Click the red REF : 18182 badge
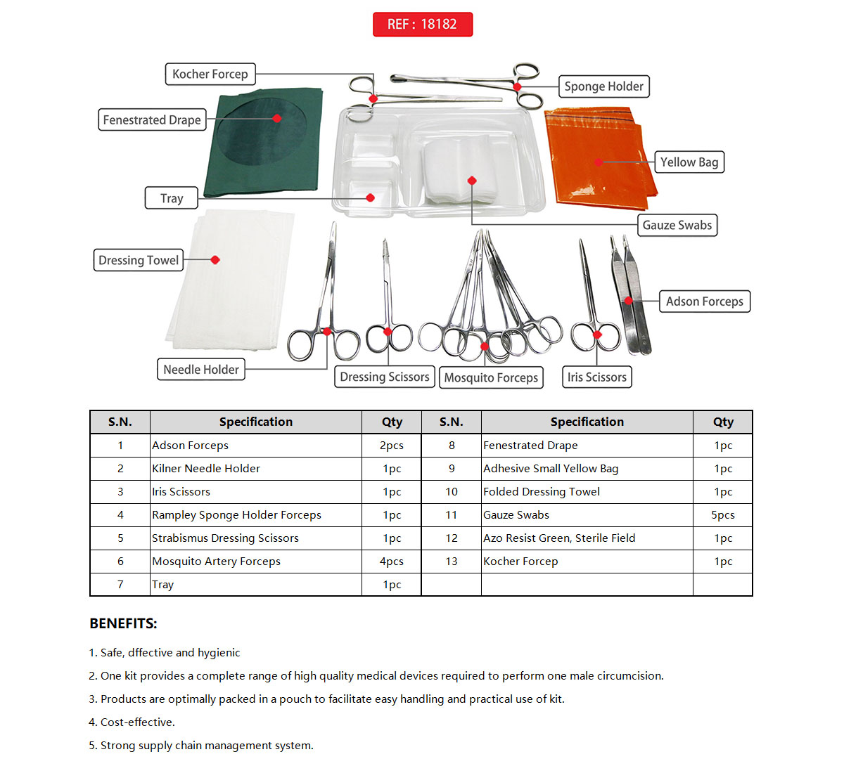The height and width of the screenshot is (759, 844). click(422, 24)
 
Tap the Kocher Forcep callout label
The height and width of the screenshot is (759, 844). click(210, 74)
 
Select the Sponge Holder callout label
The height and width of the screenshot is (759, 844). click(603, 86)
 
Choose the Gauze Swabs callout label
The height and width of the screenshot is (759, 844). click(677, 225)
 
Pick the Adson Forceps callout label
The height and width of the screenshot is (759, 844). click(704, 301)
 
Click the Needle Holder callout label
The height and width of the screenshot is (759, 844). click(200, 369)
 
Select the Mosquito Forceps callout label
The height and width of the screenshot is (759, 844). click(491, 377)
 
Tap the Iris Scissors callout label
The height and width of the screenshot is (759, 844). click(596, 377)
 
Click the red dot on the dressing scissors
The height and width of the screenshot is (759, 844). click(388, 332)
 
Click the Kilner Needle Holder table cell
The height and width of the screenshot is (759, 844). click(206, 469)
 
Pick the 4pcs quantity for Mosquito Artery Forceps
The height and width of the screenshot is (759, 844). click(392, 562)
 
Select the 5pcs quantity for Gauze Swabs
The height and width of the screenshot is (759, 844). click(722, 515)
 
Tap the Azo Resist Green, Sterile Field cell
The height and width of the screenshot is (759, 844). click(559, 538)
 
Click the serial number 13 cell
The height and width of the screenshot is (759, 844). click(451, 562)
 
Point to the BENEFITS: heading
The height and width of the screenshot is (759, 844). click(123, 624)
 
